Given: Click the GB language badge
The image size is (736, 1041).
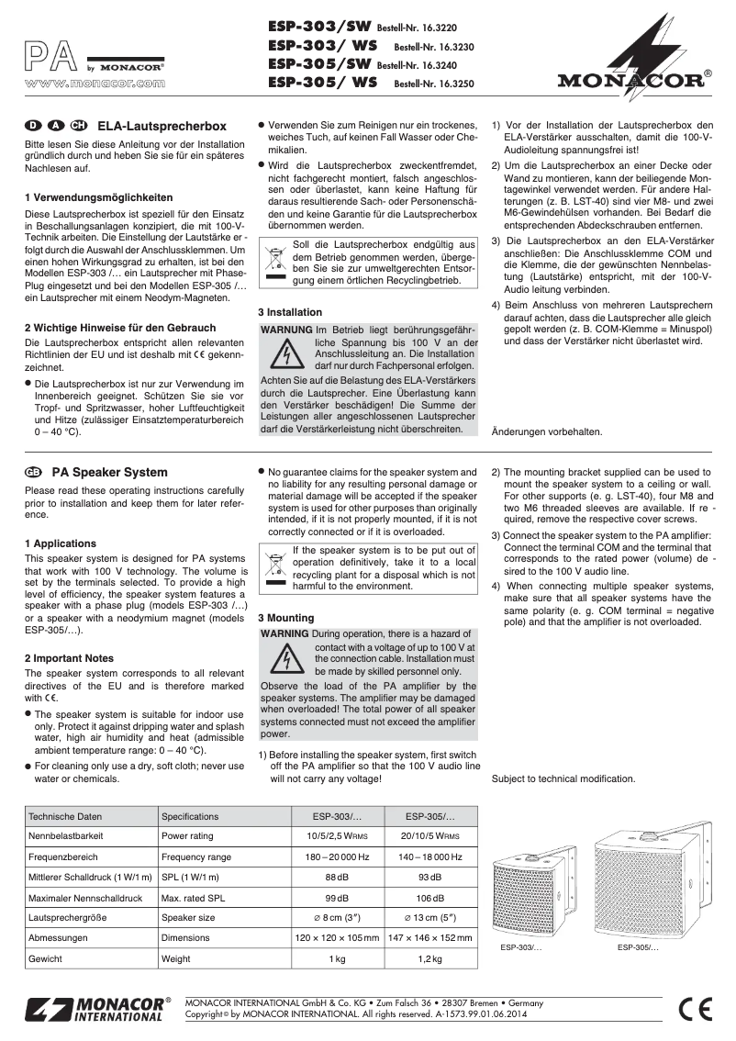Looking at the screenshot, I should click(x=34, y=473).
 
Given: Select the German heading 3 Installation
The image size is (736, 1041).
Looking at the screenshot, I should click(x=290, y=312).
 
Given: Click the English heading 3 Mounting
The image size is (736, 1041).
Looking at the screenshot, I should click(x=285, y=619).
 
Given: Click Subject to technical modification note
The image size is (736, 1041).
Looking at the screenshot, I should click(x=563, y=778).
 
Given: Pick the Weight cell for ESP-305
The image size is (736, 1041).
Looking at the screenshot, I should click(x=429, y=958).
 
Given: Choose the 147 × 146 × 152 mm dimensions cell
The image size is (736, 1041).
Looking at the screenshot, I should click(x=429, y=938).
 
